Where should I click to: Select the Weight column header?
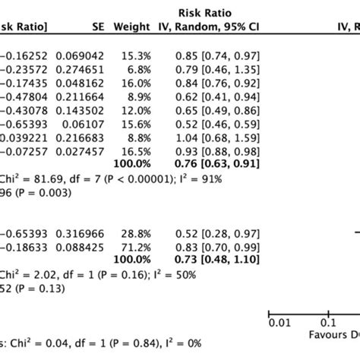point(131,28)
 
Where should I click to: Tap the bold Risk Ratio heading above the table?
point(205,13)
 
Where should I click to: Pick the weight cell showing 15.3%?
point(136,55)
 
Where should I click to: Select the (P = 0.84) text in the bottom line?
point(130,344)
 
